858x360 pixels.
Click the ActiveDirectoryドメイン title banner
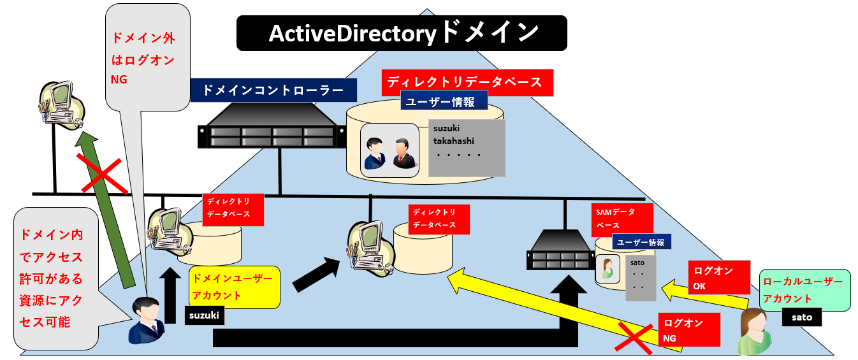(x=402, y=33)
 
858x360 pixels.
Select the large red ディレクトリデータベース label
(x=466, y=82)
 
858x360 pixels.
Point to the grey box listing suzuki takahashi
(x=467, y=148)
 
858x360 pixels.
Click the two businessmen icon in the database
(x=389, y=151)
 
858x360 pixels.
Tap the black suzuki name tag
(x=205, y=315)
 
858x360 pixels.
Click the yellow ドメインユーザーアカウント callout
(x=234, y=287)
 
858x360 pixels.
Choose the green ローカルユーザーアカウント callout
(x=804, y=290)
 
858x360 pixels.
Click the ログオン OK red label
(x=718, y=278)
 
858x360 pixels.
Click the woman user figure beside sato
(x=755, y=331)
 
